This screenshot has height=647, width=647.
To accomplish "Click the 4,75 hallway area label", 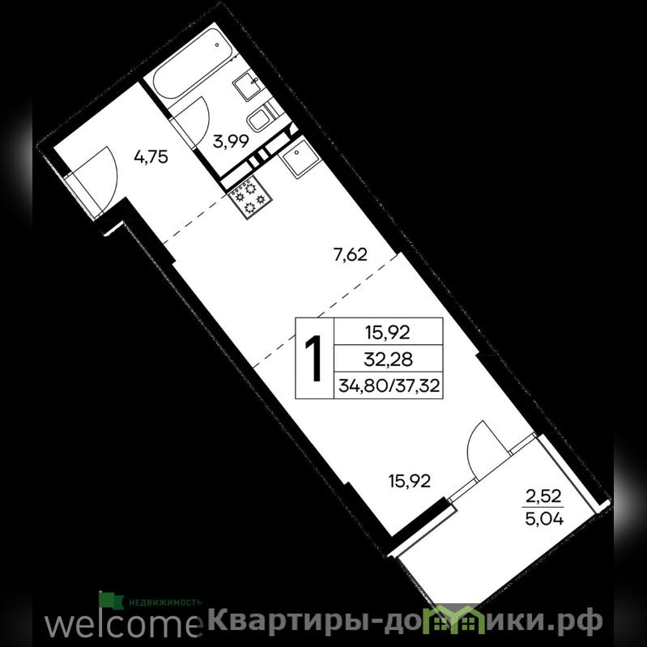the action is tap(151, 157).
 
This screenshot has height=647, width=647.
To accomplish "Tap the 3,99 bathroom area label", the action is tap(231, 142).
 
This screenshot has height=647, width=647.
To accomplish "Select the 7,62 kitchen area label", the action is tap(351, 254).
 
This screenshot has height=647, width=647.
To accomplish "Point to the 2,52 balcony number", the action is tap(544, 496).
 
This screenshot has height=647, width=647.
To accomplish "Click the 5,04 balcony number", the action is tap(544, 518).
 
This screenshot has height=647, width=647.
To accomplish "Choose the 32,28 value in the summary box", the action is tap(389, 360).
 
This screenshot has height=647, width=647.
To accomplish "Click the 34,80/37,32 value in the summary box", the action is tap(389, 386).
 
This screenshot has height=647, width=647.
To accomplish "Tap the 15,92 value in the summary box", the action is tap(389, 332).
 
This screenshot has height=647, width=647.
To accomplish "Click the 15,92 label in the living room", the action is tap(410, 481).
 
